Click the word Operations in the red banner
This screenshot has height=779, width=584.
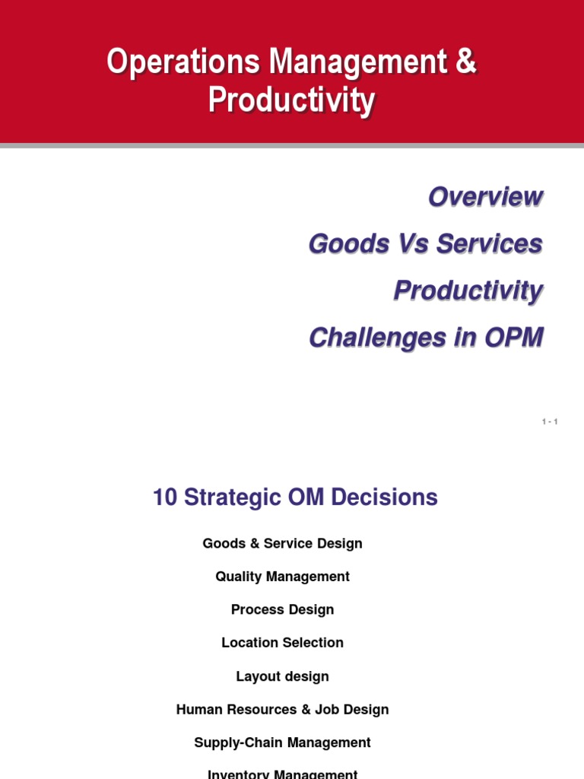tap(183, 62)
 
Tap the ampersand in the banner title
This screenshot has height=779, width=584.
tap(466, 61)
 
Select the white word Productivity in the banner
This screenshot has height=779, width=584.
tap(291, 100)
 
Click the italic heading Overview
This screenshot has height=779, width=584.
tap(486, 197)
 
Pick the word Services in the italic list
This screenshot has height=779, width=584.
tap(490, 244)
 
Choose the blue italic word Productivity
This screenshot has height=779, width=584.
tap(468, 291)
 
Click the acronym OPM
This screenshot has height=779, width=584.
tap(514, 338)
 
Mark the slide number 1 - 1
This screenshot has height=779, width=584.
tap(550, 421)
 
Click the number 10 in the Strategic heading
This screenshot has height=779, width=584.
tap(165, 498)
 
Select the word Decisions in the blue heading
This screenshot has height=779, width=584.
tap(384, 498)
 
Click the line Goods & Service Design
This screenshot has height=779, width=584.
tap(283, 543)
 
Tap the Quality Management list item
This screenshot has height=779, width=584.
tap(283, 577)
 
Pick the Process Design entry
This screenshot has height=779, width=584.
tap(283, 610)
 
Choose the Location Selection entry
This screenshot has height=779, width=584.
tap(283, 643)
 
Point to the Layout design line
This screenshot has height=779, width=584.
tap(283, 676)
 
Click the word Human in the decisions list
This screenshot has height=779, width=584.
tap(199, 710)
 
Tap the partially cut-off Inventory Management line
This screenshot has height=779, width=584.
tap(283, 774)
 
